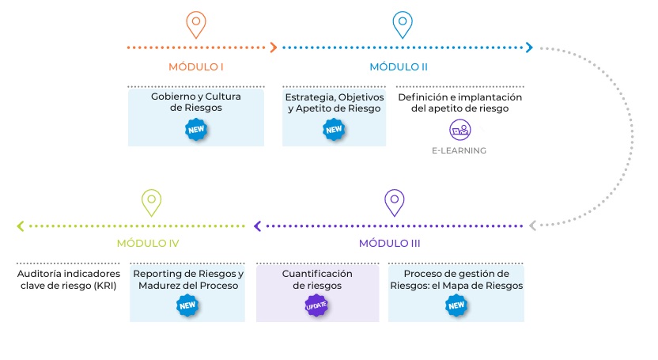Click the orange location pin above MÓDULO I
[195, 24]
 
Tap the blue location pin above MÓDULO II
[403, 24]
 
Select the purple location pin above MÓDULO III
[394, 202]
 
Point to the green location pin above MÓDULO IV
[151, 202]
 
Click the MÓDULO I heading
[195, 66]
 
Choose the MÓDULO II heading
[399, 66]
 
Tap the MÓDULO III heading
[395, 243]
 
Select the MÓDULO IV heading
[149, 243]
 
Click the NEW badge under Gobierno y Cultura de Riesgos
[195, 129]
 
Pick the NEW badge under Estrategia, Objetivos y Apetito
[334, 130]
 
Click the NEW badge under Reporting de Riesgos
[187, 305]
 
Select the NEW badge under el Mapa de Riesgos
[456, 305]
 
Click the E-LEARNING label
[459, 150]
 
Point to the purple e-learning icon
[459, 129]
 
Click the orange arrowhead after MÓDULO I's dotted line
[274, 47]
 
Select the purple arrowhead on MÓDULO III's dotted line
[257, 226]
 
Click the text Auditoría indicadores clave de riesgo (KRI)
[68, 280]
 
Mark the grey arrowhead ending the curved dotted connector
[533, 226]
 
